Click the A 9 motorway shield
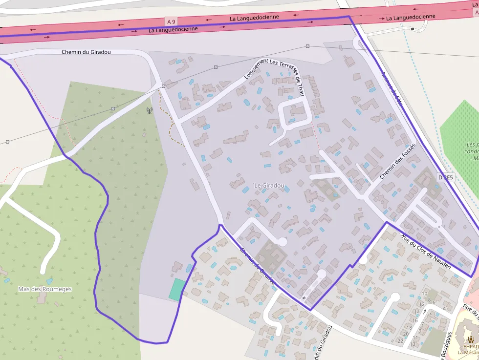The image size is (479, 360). coord(171,21)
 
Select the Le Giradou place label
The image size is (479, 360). coord(269,186)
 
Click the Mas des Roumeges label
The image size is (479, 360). coord(44,289)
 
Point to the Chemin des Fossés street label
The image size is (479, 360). coord(397,161)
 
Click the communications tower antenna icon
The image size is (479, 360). coord(150,110)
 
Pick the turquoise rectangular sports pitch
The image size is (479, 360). coord(177,289)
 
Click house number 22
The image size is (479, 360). coord(400,340)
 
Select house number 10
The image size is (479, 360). coord(424,294)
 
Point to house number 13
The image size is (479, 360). coord(413,344)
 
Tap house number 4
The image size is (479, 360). coord(444,308)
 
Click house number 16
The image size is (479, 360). coord(415,321)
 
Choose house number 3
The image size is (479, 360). coord(430,314)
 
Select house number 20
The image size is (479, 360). coord(406,334)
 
